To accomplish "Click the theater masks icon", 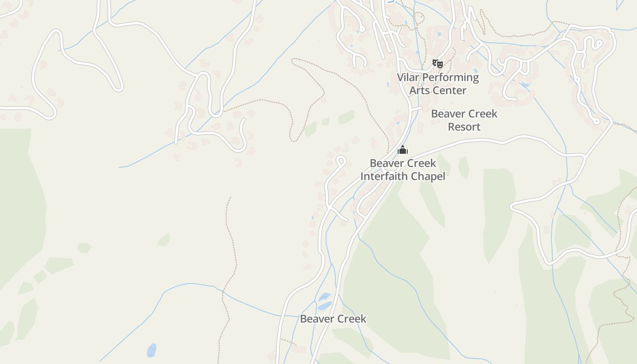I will pos(437,64).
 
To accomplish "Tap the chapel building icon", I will pos(403,150).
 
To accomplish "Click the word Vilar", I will pos(408,77).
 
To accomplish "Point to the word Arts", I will pos(419,91).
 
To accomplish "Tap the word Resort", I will pos(464,127).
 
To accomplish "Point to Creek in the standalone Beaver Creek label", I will pos(351,319).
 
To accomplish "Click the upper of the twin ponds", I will pos(325,296).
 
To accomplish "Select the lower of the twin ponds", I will pos(324,306).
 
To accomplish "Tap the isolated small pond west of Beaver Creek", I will pos(152,350).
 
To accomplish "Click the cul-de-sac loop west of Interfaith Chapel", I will pos(340,160).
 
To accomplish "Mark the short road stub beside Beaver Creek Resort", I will pos(416,109).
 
